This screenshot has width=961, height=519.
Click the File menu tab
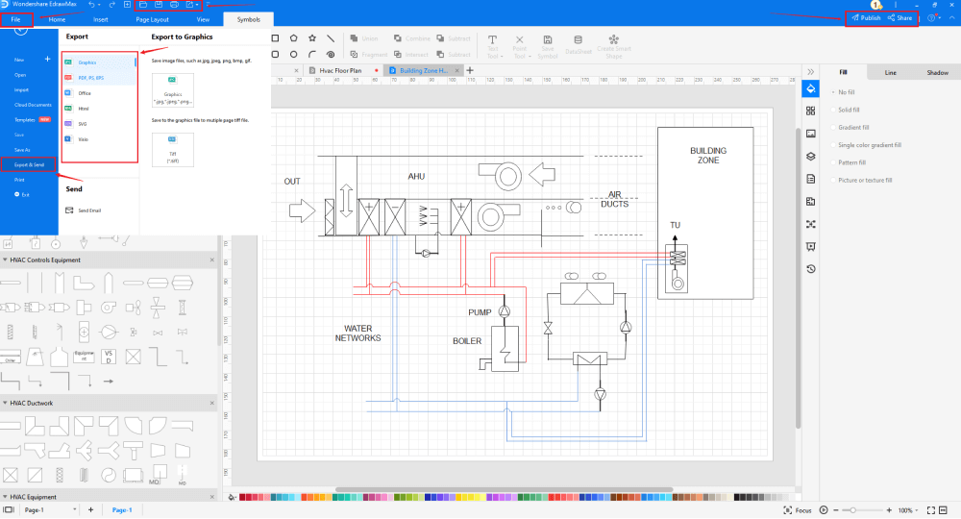[x=16, y=19]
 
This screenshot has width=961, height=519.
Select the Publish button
[x=866, y=18]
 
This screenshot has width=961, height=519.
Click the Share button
[x=900, y=18]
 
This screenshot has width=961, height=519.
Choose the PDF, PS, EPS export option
[x=92, y=78]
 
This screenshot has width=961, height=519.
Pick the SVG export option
[x=83, y=124]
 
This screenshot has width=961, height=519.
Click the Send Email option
[x=91, y=210]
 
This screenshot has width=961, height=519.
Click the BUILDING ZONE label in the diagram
[x=708, y=156]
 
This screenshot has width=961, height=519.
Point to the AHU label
[x=416, y=176]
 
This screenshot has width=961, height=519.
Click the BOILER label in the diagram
[x=467, y=341]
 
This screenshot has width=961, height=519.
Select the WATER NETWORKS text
[x=357, y=334]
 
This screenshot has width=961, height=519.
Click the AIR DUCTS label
[x=615, y=199]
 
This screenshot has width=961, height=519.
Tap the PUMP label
[x=480, y=312]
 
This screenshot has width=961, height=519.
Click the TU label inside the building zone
[x=676, y=225]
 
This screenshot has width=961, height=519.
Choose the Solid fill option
[x=850, y=110]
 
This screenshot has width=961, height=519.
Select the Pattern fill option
[x=851, y=162]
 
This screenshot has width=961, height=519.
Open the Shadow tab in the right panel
[x=937, y=73]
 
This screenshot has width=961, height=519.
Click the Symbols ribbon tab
[x=248, y=19]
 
